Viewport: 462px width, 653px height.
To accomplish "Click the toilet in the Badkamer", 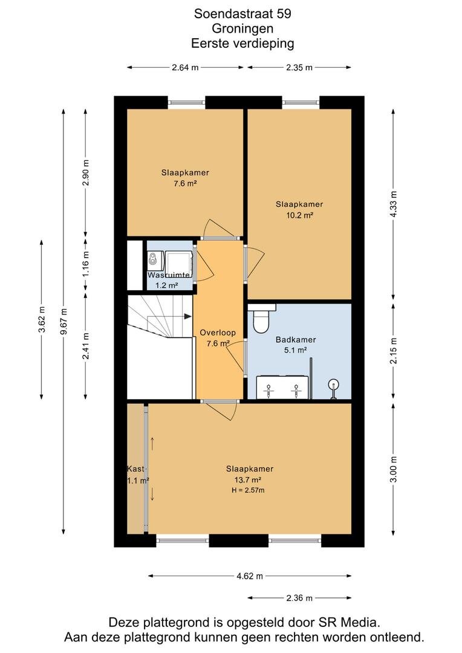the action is [x=262, y=319].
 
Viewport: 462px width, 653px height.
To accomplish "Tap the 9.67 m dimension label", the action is [x=63, y=322].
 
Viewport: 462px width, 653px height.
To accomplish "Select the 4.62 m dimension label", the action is [x=250, y=576].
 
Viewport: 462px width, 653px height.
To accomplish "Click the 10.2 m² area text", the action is [x=299, y=215].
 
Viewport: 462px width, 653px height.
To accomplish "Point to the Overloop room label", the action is [x=218, y=333].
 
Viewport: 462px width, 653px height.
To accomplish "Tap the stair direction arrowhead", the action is [x=187, y=316].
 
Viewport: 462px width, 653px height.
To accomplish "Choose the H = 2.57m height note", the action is [x=248, y=490].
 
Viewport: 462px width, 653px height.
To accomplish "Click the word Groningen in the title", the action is [x=242, y=28].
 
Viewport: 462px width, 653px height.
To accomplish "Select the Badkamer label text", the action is [x=296, y=339].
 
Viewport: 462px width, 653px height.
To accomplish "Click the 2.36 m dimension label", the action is [x=299, y=598].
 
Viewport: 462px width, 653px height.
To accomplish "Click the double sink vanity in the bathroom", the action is [x=282, y=388].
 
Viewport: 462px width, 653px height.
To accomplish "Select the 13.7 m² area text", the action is [x=248, y=479].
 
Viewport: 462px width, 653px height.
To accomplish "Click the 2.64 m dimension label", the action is [x=185, y=68].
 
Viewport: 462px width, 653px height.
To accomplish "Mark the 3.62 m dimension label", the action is [x=41, y=319].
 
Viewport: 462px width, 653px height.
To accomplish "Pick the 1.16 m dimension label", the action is [x=86, y=264].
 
